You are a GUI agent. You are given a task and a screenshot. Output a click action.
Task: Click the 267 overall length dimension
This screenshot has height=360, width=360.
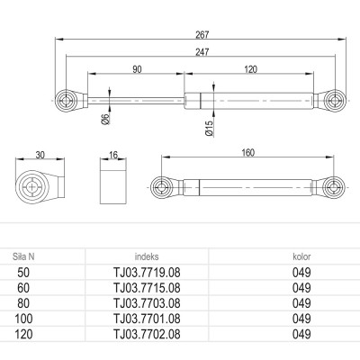(202, 35)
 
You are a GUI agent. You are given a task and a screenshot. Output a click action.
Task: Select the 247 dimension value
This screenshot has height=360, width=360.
(202, 52)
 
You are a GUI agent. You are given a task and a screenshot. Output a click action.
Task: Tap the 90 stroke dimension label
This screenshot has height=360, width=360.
(137, 69)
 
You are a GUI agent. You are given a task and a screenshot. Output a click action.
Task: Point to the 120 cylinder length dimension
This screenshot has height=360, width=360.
(251, 69)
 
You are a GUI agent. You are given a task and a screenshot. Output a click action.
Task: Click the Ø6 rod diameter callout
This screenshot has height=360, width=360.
(107, 120)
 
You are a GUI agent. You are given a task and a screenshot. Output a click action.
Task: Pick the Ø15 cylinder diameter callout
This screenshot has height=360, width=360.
(210, 128)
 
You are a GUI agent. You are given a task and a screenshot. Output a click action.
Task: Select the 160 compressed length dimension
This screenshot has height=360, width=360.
(247, 153)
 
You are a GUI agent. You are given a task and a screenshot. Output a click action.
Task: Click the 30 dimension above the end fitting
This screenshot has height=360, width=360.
(40, 155)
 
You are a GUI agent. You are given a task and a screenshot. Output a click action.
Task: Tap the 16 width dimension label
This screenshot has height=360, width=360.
(113, 155)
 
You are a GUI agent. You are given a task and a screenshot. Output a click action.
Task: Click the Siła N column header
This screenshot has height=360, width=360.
(23, 256)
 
